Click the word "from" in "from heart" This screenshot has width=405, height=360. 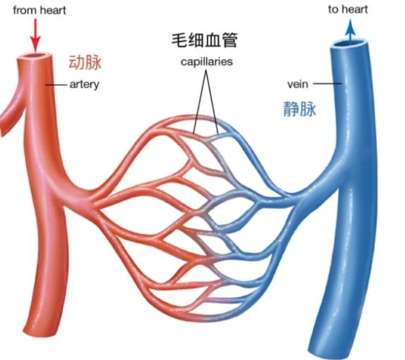pyautogui.click(x=22, y=10)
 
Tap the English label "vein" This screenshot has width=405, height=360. pyautogui.click(x=298, y=85)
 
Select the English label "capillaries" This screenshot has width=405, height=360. pyautogui.click(x=206, y=62)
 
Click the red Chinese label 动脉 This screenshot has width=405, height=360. pyautogui.click(x=85, y=62)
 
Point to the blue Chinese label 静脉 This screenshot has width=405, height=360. pyautogui.click(x=299, y=109)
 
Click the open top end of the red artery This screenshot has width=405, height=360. pyautogui.click(x=36, y=57)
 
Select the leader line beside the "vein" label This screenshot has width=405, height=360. pyautogui.click(x=328, y=85)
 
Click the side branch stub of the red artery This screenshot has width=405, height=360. pyautogui.click(x=6, y=122)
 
